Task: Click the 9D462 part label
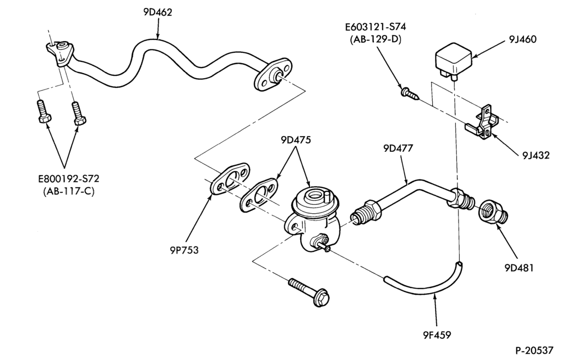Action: (x=158, y=12)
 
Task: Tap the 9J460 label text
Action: (x=523, y=39)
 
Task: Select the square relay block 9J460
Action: (x=452, y=59)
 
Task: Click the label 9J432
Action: (x=536, y=155)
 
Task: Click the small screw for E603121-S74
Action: (x=410, y=93)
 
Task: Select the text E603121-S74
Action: (x=375, y=27)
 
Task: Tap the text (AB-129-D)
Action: (x=375, y=39)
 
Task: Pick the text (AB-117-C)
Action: (x=69, y=191)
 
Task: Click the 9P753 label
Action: (x=184, y=250)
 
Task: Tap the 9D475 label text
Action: (x=296, y=140)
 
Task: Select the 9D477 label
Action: (x=398, y=148)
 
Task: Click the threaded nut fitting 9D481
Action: (x=493, y=211)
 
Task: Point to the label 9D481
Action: (x=519, y=268)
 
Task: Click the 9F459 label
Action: (x=436, y=335)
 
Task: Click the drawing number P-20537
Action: (x=537, y=350)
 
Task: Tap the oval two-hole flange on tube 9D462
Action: (x=273, y=74)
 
